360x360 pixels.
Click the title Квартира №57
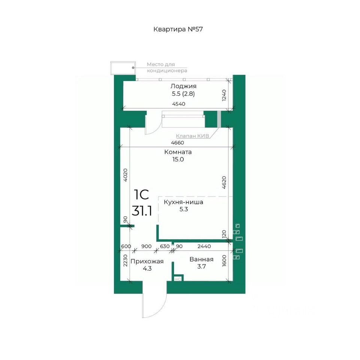(178, 29)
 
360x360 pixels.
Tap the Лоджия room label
(183, 86)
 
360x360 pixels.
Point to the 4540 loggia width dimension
(178, 104)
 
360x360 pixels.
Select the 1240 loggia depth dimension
(224, 95)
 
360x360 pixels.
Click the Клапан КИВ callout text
(192, 136)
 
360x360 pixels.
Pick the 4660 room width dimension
(177, 142)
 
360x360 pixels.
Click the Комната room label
(178, 152)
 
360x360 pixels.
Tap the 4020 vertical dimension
(125, 175)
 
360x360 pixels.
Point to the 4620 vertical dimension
(224, 182)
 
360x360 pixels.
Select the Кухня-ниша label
(183, 202)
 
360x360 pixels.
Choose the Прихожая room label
(147, 261)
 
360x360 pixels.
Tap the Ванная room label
(201, 259)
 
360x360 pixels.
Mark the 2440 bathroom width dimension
(204, 246)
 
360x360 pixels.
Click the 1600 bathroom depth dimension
(224, 261)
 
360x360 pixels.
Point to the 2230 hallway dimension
(125, 260)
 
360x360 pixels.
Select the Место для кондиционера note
(167, 67)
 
